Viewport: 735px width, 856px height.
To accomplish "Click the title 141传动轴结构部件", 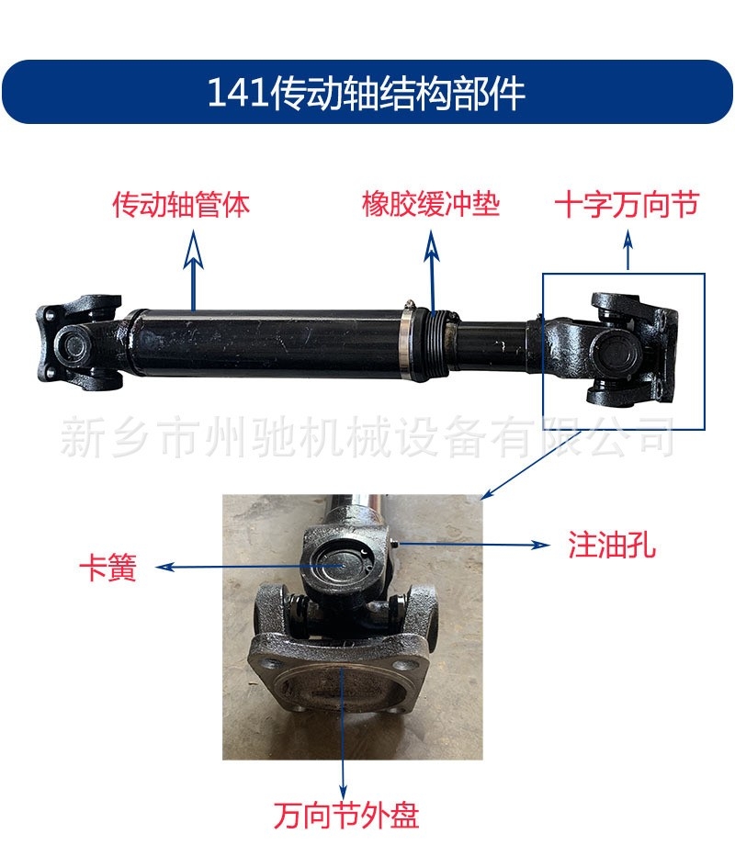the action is point(367,92).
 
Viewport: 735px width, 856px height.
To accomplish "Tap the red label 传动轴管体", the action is point(181,205).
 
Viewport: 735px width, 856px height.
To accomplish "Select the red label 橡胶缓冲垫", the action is point(431,205).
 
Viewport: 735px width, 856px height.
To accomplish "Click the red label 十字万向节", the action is point(627,205).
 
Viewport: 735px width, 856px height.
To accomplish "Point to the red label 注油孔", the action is point(612,545).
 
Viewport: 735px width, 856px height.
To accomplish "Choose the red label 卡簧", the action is point(107,568).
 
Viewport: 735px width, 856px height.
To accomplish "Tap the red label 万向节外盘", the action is point(346,816).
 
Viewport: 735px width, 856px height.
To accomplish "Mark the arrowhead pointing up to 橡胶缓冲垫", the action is point(432,247).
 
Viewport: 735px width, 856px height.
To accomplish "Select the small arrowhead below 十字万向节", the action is point(628,241).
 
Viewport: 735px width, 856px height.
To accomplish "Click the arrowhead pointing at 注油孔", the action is point(540,545).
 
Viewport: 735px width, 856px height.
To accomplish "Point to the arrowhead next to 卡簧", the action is point(164,568).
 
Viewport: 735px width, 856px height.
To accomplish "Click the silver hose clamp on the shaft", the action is point(406,343).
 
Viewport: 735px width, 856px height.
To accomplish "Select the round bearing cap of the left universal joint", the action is point(71,346).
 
